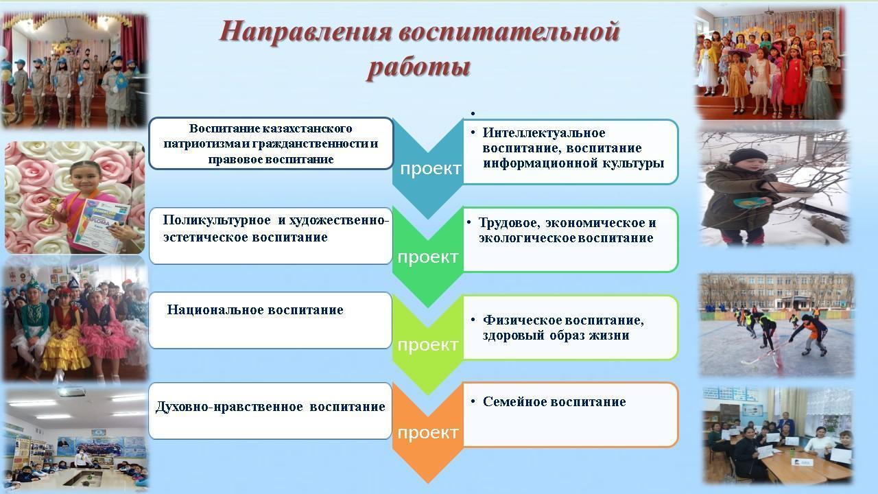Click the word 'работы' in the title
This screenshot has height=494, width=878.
click(x=419, y=67)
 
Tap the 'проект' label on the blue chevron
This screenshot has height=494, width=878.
click(x=431, y=169)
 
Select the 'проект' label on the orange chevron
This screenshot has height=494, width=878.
click(x=428, y=433)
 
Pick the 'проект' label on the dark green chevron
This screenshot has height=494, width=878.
click(x=428, y=257)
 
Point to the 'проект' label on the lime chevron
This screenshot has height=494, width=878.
click(x=428, y=345)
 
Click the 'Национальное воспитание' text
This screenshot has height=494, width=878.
click(x=255, y=309)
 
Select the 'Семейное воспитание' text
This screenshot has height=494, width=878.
click(x=554, y=401)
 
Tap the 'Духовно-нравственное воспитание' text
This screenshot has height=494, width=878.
click(x=270, y=407)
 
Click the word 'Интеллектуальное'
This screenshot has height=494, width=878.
click(x=544, y=132)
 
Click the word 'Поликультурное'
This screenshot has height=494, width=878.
click(x=216, y=220)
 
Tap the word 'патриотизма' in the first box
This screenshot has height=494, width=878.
click(x=201, y=144)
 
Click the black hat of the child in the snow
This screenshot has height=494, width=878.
click(x=748, y=156)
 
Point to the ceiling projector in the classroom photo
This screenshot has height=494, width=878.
click(x=71, y=391)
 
